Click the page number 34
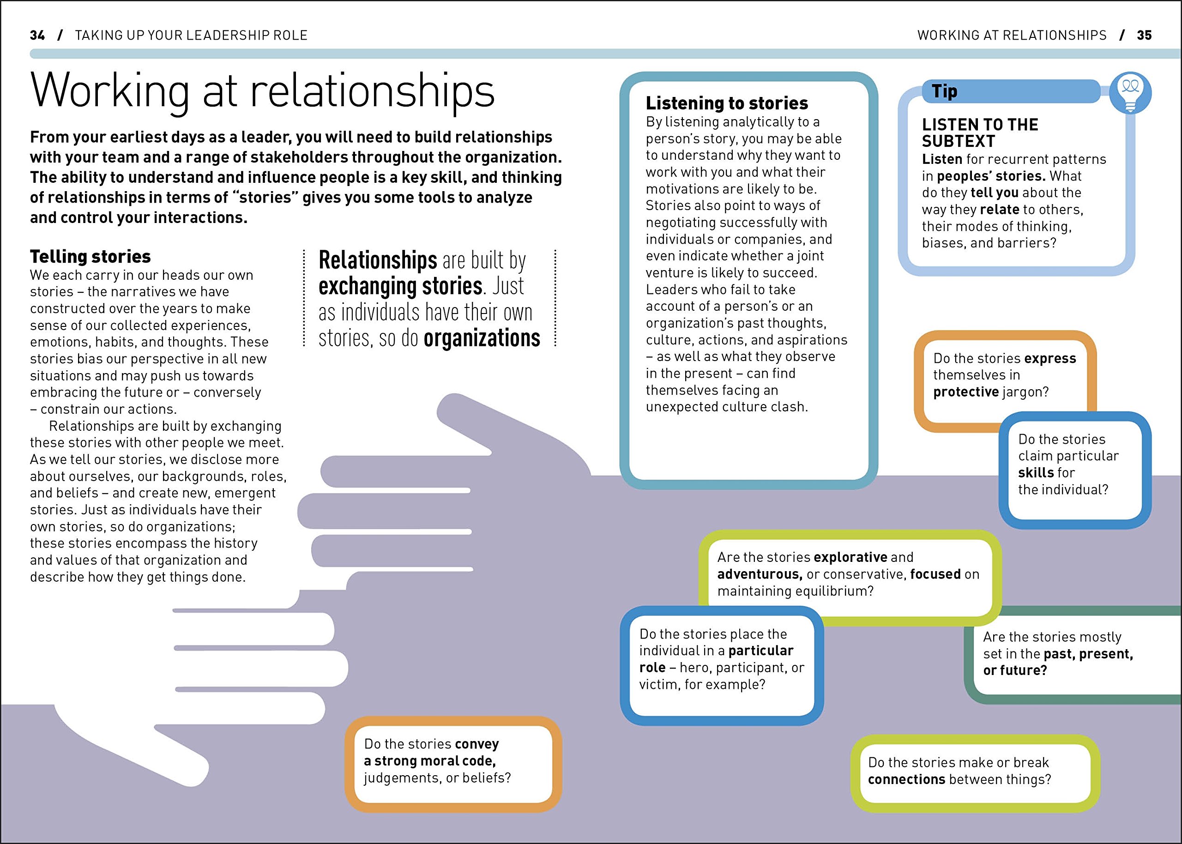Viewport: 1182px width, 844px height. [x=37, y=36]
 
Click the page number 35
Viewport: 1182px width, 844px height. [x=1144, y=36]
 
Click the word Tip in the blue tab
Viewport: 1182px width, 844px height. [x=944, y=91]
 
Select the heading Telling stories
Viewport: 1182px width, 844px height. [x=90, y=257]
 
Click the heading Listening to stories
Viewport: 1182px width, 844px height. [x=726, y=103]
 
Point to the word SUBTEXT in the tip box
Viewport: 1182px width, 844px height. [x=958, y=141]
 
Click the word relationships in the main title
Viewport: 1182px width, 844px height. [x=373, y=91]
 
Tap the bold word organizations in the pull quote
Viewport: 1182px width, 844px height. [x=482, y=338]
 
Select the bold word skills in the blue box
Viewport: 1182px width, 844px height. [x=1036, y=473]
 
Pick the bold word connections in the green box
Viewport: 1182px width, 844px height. [x=906, y=779]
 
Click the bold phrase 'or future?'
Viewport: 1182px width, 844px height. [x=1015, y=670]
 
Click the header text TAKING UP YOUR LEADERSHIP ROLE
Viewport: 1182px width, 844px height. [x=191, y=36]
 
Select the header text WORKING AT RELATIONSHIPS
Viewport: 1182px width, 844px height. [x=1012, y=36]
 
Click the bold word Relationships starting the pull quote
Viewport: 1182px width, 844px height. [x=378, y=260]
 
